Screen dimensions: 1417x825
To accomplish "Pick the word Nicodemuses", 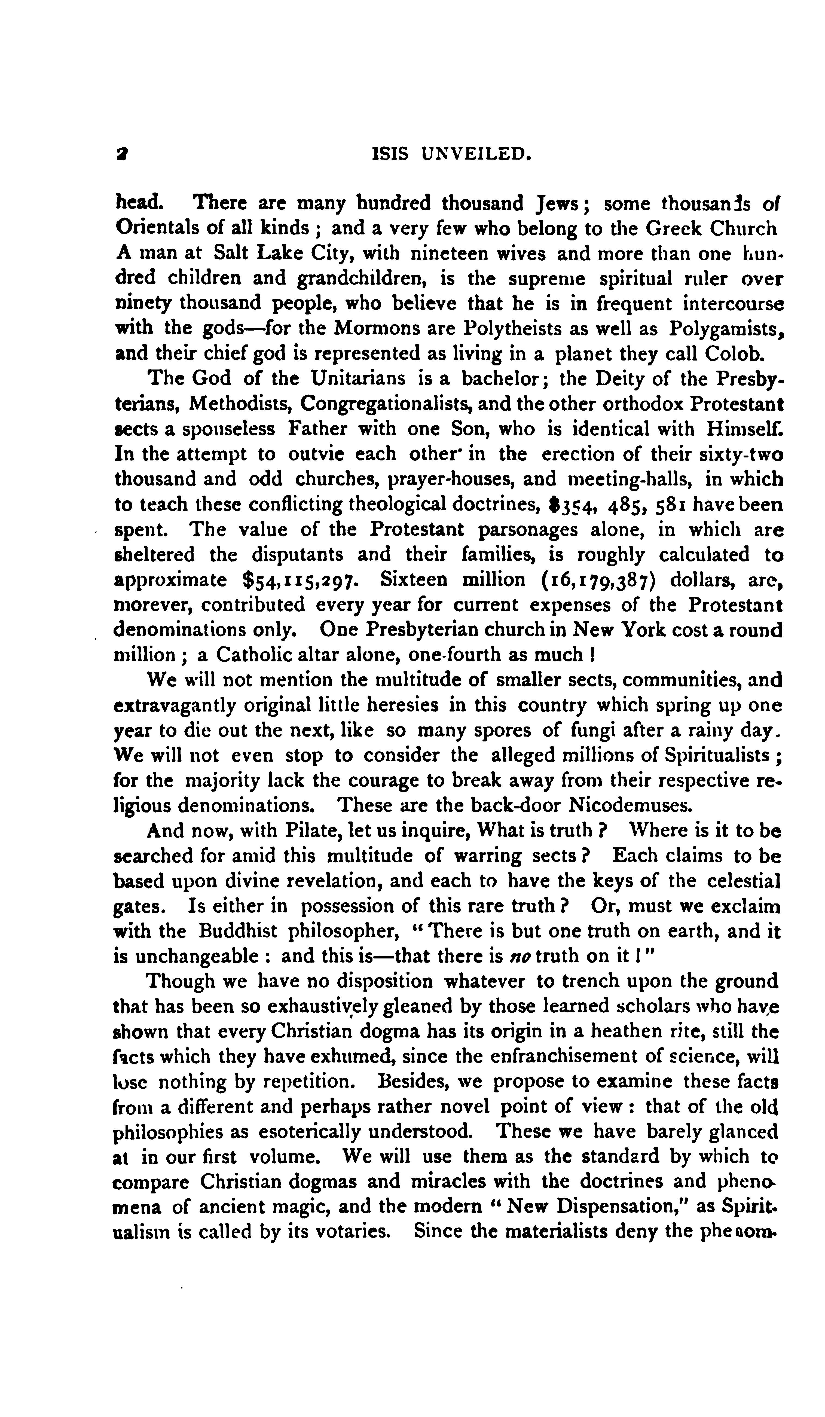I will coord(628,806).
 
